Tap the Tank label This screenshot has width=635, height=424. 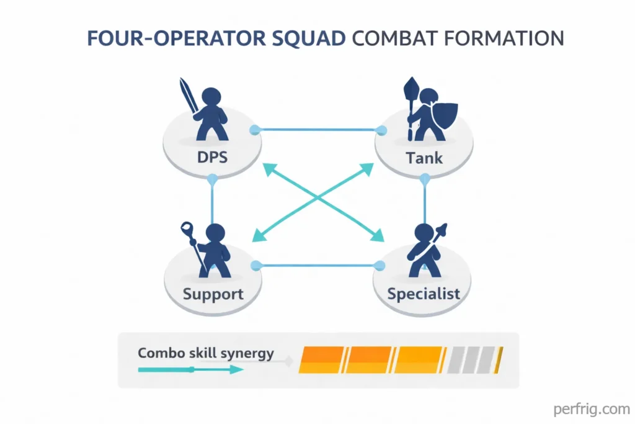click(424, 157)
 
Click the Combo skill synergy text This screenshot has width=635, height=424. click(206, 353)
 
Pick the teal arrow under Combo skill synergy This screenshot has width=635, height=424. click(190, 369)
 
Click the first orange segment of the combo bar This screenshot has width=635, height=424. click(321, 359)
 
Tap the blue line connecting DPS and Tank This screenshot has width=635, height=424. click(317, 130)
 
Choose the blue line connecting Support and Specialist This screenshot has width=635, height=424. click(317, 266)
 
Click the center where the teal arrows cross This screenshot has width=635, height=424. click(317, 198)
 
